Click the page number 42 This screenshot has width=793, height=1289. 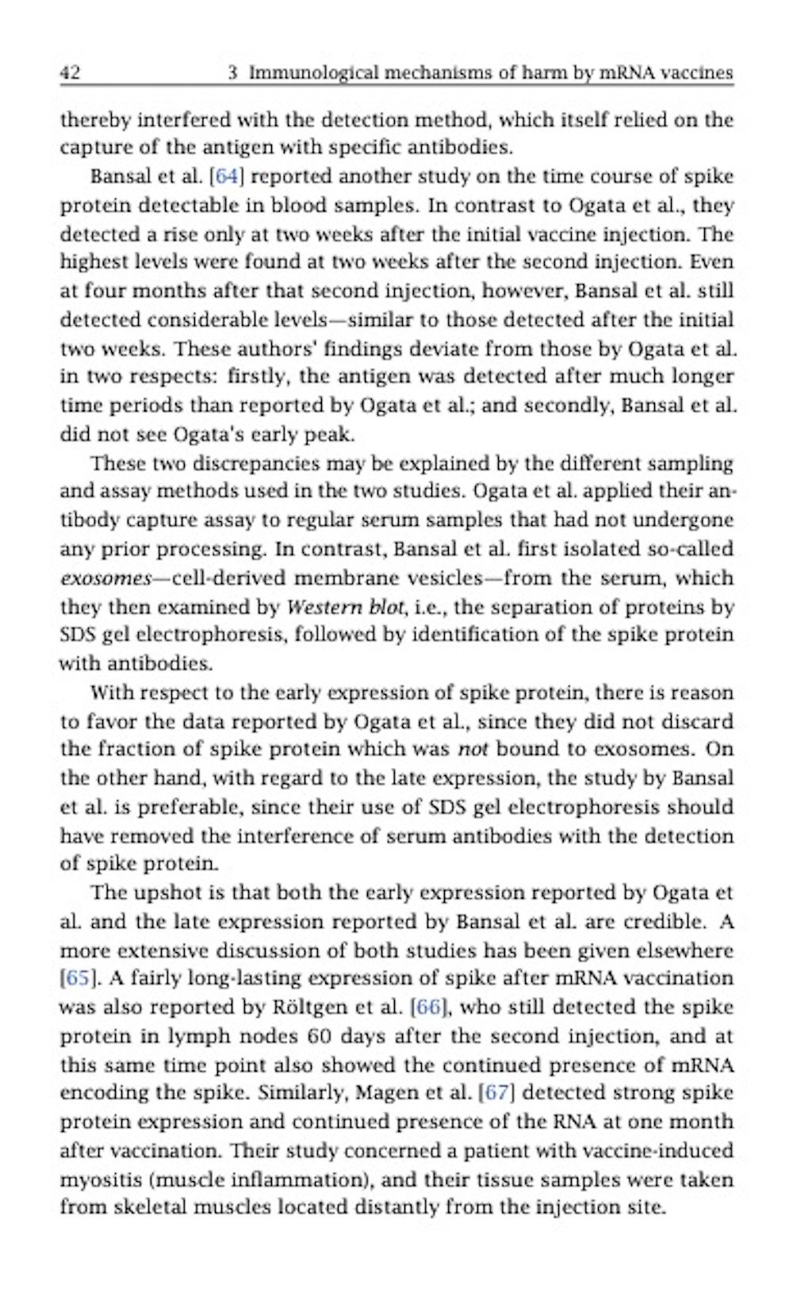coord(70,73)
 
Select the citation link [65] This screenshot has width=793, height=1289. coord(78,978)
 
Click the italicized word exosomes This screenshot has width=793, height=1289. coord(105,578)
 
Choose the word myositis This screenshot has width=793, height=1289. coord(95,1180)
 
